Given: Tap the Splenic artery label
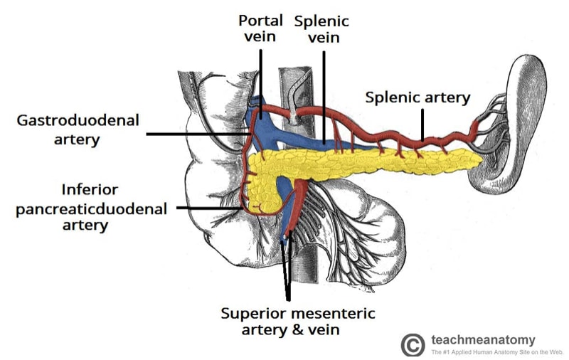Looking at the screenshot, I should coord(418,97).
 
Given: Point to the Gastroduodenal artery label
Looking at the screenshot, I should coord(69,128).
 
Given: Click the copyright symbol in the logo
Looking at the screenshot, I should coord(413,344).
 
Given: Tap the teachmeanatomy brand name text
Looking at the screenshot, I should coord(483,339).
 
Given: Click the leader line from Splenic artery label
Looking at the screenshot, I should coord(422,122).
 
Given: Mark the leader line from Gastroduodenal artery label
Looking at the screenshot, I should coord(192,133).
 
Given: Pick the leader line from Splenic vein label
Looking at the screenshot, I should coord(324,92).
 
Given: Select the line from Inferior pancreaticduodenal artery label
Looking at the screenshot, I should coord(213,208).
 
